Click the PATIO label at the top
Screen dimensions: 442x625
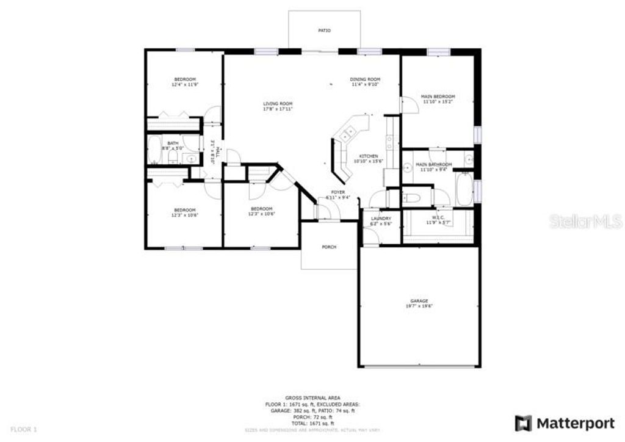click(325, 30)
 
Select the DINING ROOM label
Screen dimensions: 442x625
click(365, 79)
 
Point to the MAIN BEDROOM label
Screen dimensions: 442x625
click(438, 96)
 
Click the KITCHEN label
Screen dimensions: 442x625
click(369, 156)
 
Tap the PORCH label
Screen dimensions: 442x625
click(329, 247)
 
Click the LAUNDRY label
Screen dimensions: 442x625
click(381, 219)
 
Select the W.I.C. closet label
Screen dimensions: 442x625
click(437, 218)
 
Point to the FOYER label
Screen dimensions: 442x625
click(338, 192)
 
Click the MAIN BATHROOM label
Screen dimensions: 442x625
click(433, 165)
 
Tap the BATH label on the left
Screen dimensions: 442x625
click(165, 143)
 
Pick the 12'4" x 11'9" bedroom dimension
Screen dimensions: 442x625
click(185, 84)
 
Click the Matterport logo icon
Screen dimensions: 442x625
click(522, 422)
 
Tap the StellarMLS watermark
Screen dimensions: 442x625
click(585, 221)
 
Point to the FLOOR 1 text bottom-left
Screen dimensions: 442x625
click(24, 430)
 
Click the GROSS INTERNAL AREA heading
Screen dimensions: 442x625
click(312, 397)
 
